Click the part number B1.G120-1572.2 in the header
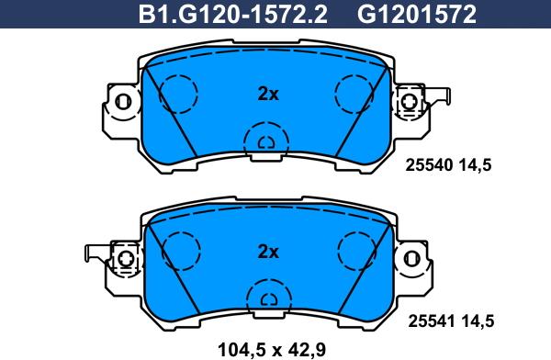point(233,15)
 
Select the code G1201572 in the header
point(417,15)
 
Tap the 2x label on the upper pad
point(268,94)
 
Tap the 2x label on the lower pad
point(268,252)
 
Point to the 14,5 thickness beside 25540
point(474,165)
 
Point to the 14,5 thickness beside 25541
point(477,321)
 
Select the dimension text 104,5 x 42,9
point(272,350)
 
